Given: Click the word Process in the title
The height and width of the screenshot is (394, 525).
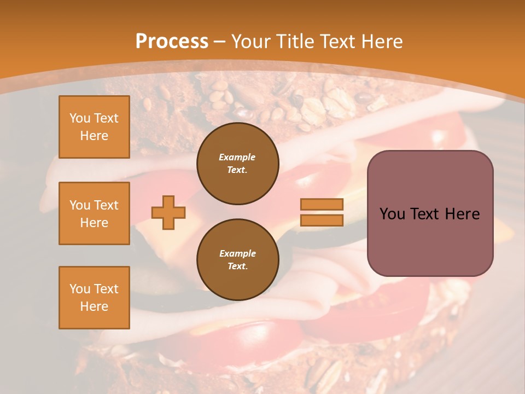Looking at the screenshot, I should click(172, 42).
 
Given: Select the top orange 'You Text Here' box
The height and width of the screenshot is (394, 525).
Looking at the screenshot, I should click(94, 127).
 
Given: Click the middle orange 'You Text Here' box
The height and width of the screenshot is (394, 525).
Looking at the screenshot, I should click(94, 213).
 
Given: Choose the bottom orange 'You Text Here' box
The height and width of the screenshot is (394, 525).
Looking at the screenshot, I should click(94, 298).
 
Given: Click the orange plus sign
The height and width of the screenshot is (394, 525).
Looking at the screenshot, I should click(168, 212).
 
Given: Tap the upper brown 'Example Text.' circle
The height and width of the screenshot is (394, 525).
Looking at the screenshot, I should click(237, 164).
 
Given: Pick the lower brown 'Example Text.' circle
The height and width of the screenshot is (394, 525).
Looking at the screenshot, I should click(237, 260).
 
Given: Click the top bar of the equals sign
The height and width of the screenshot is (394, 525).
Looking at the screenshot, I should click(322, 205).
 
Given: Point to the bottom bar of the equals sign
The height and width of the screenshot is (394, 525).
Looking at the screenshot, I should click(322, 220).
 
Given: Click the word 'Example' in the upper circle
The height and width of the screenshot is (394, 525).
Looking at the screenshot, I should click(237, 157).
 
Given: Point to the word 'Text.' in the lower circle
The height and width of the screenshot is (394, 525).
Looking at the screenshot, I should click(237, 266).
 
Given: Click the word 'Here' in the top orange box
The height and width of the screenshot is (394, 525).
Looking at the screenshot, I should click(94, 136).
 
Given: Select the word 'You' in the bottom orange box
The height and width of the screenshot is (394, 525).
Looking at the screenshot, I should click(80, 289).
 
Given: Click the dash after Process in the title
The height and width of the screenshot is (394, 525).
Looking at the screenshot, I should click(219, 42).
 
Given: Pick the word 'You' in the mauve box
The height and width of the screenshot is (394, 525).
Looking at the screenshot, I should click(392, 214).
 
